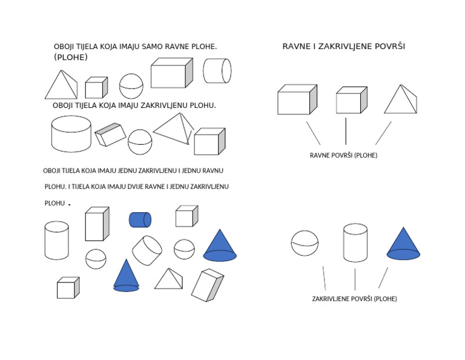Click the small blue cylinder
(x=140, y=219)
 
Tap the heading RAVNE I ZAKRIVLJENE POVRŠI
(x=344, y=46)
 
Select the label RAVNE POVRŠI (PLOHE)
(x=343, y=155)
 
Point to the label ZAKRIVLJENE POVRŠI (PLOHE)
(x=354, y=299)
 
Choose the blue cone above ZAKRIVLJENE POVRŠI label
(x=403, y=244)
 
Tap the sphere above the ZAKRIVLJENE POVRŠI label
(x=305, y=243)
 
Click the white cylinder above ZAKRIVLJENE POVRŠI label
(x=355, y=243)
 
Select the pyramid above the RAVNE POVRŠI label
(x=400, y=99)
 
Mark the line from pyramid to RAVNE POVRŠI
(x=383, y=133)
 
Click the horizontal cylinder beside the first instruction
(x=217, y=71)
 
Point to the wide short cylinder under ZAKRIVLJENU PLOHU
(x=71, y=134)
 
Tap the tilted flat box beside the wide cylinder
(x=110, y=135)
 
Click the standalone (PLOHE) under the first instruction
(x=71, y=58)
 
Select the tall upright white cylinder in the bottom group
(x=57, y=240)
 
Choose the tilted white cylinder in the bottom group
(x=147, y=250)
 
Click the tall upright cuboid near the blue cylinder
(x=97, y=224)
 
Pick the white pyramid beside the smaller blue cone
(x=168, y=279)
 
